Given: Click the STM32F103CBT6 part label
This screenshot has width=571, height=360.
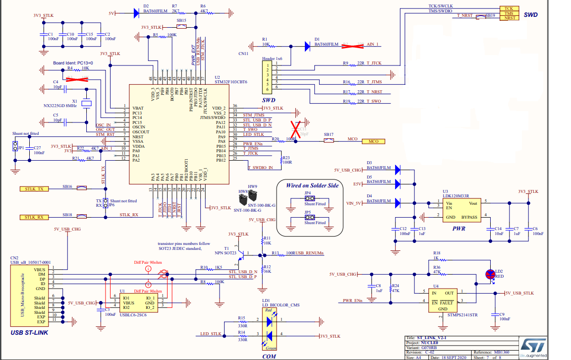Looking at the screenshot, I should pyautogui.click(x=230, y=82).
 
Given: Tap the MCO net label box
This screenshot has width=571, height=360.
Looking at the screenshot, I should pyautogui.click(x=373, y=141).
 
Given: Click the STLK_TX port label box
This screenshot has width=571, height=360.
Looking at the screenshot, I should pyautogui.click(x=34, y=189).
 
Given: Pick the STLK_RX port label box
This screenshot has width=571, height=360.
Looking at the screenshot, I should pyautogui.click(x=34, y=217).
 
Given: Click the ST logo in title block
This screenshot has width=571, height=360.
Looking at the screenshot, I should pyautogui.click(x=533, y=346).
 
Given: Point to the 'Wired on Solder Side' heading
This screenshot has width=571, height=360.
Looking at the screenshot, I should pyautogui.click(x=312, y=185).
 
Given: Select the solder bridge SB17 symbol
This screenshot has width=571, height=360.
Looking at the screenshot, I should pyautogui.click(x=329, y=141).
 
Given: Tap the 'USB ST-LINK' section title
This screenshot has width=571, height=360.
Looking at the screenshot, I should pyautogui.click(x=29, y=332).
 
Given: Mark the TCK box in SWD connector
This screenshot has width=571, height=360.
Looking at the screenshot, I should pyautogui.click(x=509, y=8).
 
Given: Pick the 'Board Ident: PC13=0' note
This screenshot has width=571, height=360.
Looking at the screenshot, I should pyautogui.click(x=73, y=63).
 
